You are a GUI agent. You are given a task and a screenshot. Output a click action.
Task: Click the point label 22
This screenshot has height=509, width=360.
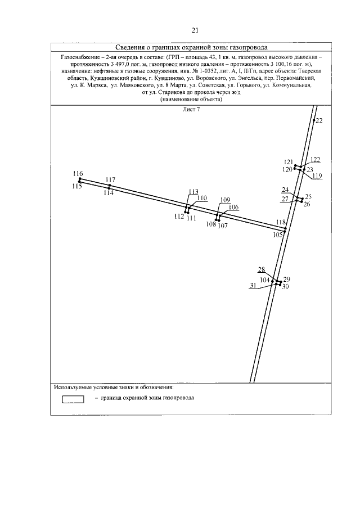click(x=319, y=121)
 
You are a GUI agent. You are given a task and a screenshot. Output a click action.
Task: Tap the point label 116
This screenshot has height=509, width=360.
click(x=78, y=173)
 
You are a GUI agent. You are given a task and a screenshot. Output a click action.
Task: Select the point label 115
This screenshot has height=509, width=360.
click(x=77, y=186)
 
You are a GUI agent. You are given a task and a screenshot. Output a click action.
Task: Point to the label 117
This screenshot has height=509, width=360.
click(x=110, y=180)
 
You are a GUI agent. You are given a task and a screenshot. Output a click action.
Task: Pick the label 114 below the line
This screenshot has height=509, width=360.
click(x=109, y=192)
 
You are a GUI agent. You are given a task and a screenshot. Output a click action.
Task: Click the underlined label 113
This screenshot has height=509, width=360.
click(x=193, y=191)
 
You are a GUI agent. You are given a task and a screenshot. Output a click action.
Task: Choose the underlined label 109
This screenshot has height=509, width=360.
click(x=225, y=200)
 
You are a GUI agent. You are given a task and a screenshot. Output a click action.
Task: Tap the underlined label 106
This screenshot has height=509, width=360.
click(x=233, y=207)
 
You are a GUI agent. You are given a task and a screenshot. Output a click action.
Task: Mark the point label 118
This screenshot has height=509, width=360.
click(x=281, y=223)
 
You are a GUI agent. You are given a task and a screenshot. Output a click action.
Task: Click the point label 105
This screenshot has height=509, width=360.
click(x=278, y=235)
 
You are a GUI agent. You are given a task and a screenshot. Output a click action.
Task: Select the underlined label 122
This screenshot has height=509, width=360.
click(x=315, y=159)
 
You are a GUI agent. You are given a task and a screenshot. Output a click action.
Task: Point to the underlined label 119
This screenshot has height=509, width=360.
click(x=317, y=176)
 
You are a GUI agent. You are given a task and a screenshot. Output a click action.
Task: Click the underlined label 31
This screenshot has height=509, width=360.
click(x=253, y=285)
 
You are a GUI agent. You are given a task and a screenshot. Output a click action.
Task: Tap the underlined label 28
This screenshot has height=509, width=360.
click(x=261, y=269)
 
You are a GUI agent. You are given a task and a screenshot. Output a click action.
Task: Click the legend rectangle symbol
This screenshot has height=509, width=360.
click(x=73, y=399)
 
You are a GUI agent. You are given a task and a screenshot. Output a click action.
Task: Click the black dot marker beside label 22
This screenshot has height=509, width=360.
click(x=313, y=121)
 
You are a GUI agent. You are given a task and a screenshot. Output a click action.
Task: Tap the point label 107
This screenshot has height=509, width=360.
click(x=223, y=226)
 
